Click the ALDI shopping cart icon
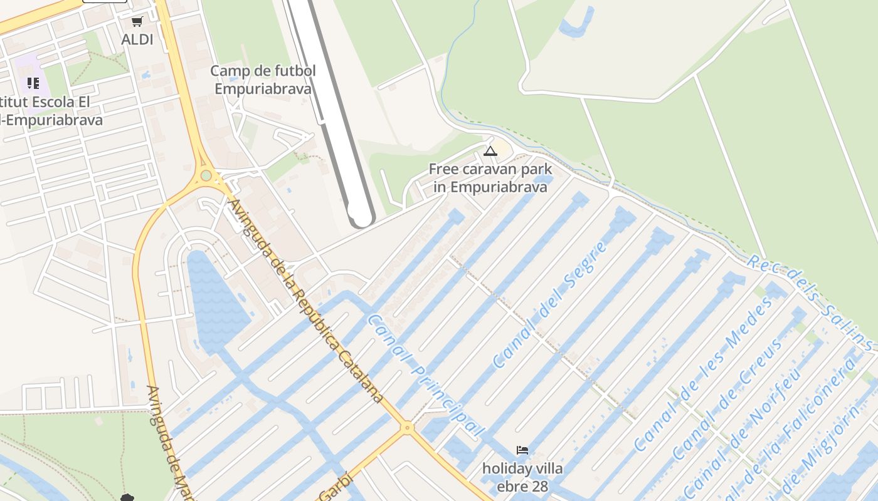[137, 22]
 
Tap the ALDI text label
[137, 39]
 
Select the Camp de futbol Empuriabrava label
[263, 80]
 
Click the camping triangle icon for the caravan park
[490, 151]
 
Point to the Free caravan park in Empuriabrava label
[490, 178]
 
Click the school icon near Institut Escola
[33, 83]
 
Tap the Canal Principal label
[425, 375]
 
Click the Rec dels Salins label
[809, 302]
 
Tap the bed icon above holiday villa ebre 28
[522, 450]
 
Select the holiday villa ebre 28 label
[522, 477]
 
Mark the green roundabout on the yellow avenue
[206, 175]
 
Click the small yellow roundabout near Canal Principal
[408, 428]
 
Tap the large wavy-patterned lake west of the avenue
[216, 301]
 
